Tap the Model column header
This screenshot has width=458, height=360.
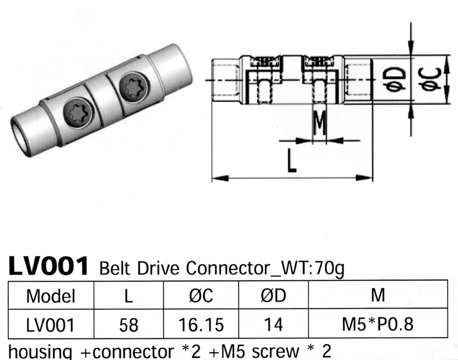point(50,296)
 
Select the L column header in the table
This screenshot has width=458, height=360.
point(129,296)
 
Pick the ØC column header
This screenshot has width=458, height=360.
point(200,296)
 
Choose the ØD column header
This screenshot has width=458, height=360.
point(273,296)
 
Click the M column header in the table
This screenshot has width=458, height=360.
point(378,296)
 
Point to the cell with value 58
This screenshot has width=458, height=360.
point(129,324)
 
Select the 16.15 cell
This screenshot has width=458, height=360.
point(200,324)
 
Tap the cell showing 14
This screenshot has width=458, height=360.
point(273,324)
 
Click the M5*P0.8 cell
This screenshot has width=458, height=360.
point(378,324)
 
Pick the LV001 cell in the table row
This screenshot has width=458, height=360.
point(50,324)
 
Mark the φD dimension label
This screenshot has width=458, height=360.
point(393,80)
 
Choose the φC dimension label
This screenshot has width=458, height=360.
point(431,80)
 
